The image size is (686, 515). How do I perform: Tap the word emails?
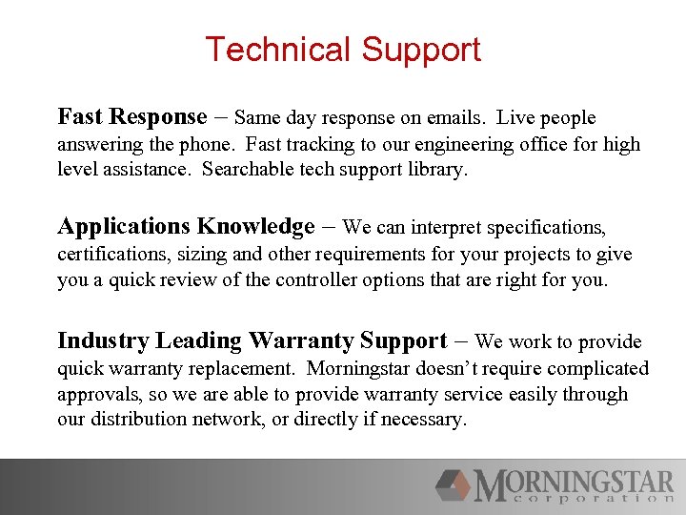[x=456, y=118]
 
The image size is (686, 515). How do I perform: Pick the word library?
[x=438, y=171]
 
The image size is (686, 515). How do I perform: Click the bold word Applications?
[x=124, y=227]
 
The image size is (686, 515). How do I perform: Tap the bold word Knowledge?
[x=255, y=227]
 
